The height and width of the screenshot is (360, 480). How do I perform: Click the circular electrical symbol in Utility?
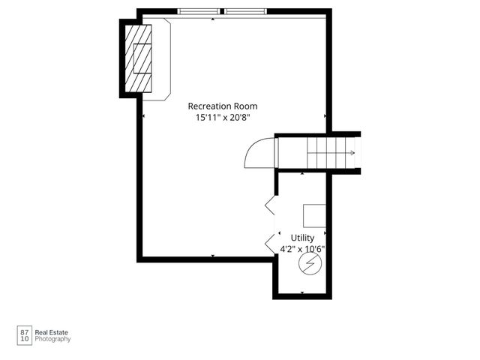(307, 263)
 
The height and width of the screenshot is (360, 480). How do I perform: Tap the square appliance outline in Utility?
(314, 215)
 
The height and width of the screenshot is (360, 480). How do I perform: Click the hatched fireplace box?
(138, 57)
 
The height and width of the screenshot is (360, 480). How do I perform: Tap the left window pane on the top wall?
(199, 11)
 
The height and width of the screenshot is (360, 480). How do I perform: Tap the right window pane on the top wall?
(247, 11)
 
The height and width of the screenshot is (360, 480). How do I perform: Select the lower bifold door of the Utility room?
(270, 241)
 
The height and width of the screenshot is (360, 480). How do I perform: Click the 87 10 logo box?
(24, 334)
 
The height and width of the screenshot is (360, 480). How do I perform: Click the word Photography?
(53, 339)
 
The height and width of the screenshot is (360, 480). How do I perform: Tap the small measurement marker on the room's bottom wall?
(213, 256)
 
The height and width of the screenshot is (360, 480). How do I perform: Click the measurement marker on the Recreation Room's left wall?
(143, 116)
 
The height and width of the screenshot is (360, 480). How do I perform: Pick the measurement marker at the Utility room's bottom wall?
(302, 292)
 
